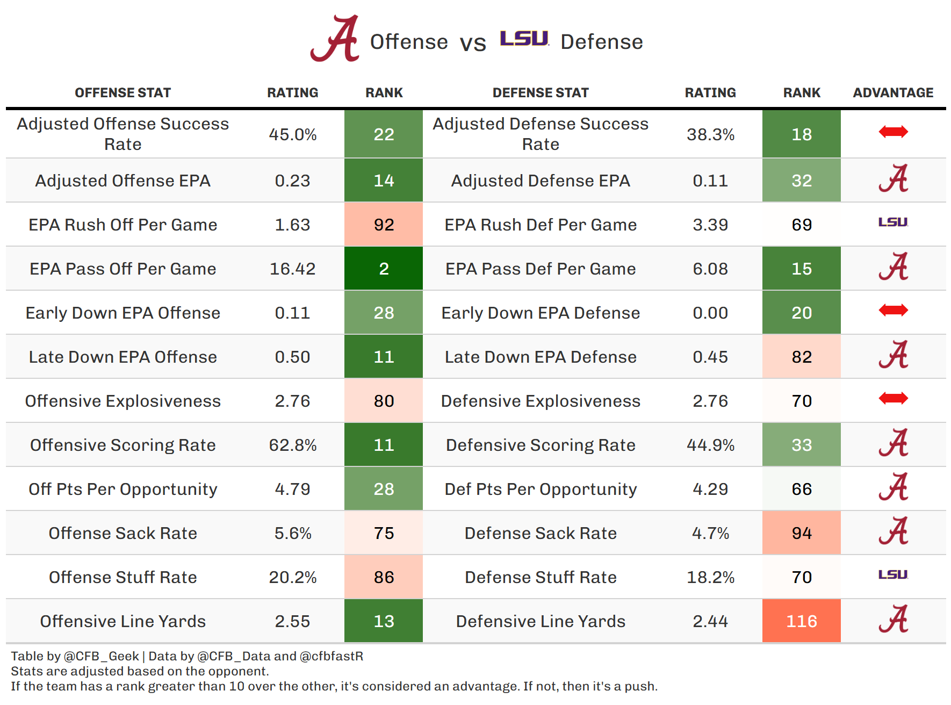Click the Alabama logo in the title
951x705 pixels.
(335, 39)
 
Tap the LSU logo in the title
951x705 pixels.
(524, 39)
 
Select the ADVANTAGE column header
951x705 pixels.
(893, 93)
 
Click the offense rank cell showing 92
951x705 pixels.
(384, 225)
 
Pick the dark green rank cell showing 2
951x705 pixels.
(384, 269)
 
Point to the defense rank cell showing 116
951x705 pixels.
(801, 621)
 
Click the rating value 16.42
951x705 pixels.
(292, 269)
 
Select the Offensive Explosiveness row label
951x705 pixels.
(123, 401)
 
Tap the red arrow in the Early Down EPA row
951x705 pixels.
(893, 310)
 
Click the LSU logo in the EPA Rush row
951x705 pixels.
(893, 222)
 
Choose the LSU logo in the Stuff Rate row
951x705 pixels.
(893, 574)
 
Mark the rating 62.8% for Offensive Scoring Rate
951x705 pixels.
(292, 445)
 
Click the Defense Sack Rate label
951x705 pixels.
(541, 533)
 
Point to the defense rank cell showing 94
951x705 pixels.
(801, 533)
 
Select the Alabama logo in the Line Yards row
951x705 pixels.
(893, 619)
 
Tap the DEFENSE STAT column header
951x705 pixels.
(541, 93)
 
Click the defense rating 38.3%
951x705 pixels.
(710, 134)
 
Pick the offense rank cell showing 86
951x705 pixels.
(384, 577)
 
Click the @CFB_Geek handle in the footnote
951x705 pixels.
(102, 656)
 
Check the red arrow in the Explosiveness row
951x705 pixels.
(893, 398)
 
